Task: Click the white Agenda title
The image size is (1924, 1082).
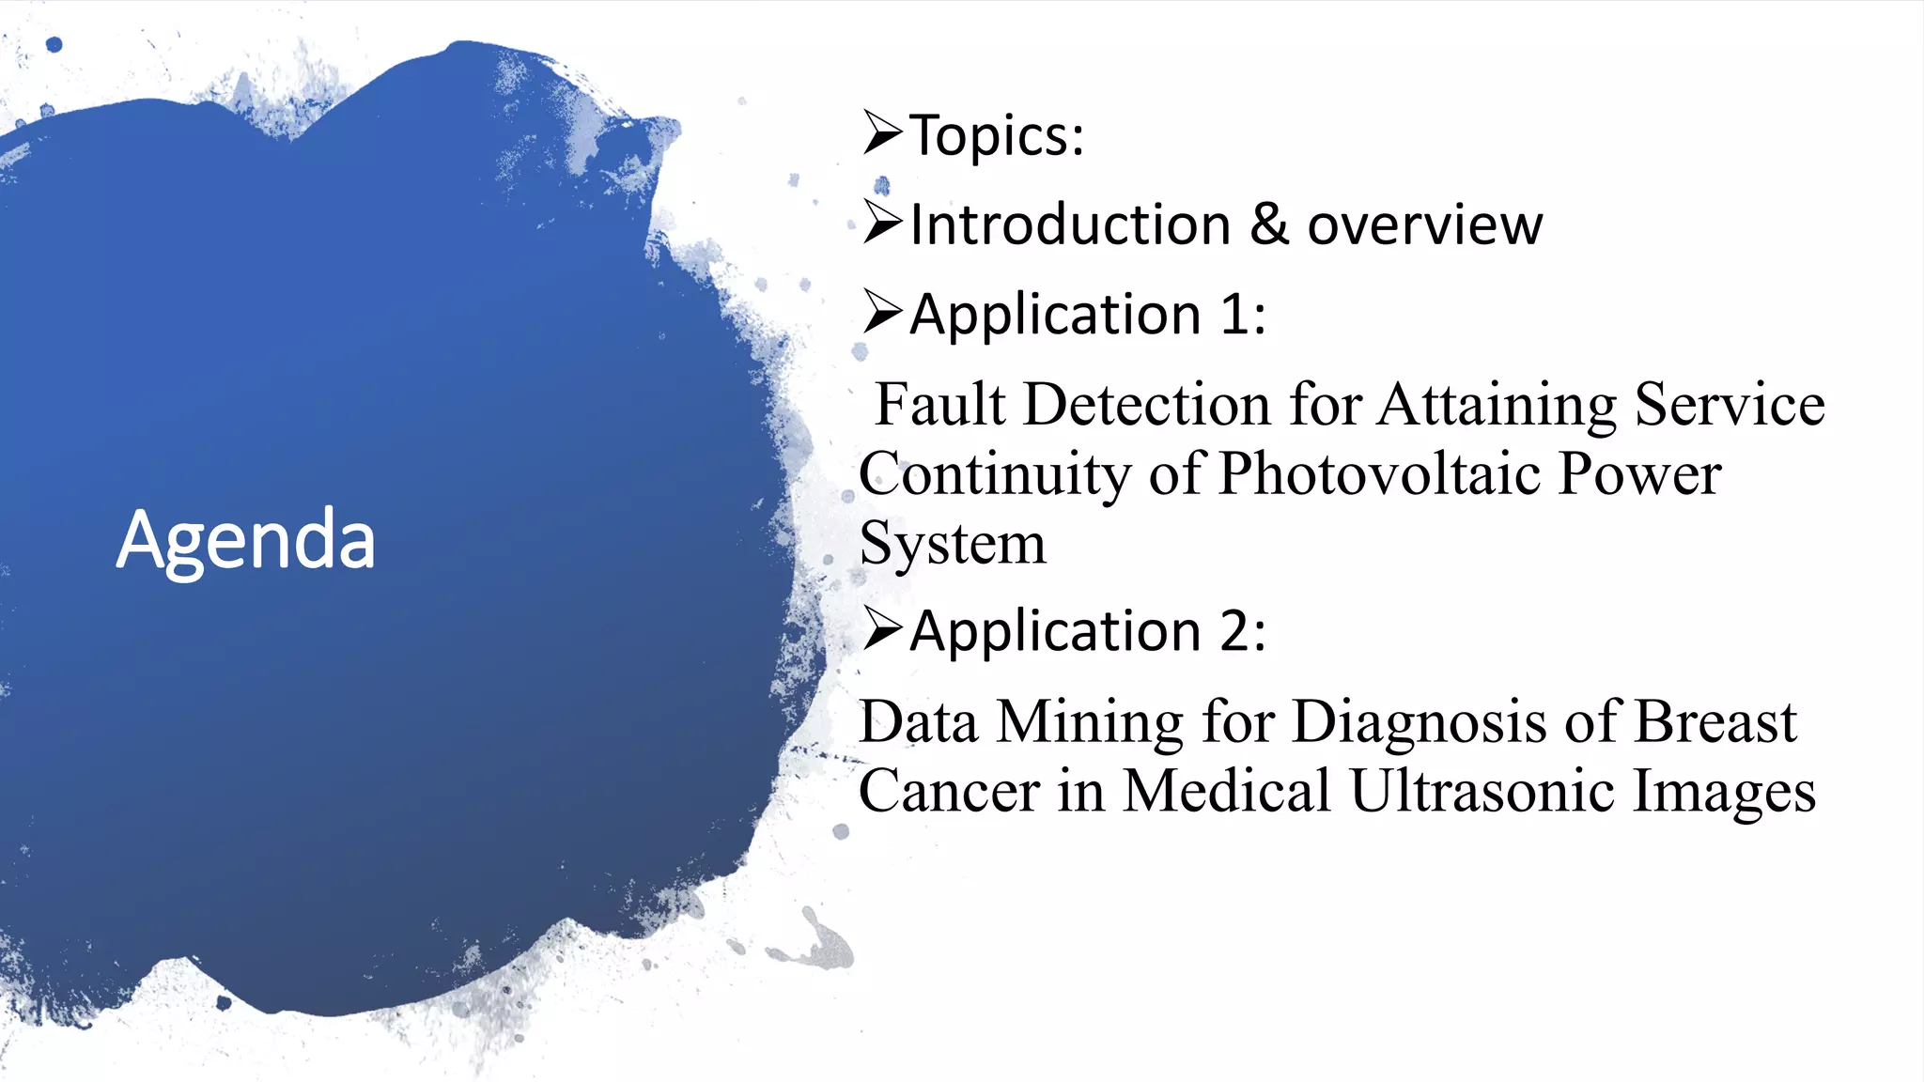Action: click(x=246, y=540)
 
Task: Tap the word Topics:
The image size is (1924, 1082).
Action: click(x=998, y=136)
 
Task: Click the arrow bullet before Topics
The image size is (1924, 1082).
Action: click(x=883, y=132)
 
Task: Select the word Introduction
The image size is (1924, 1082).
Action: click(x=1070, y=225)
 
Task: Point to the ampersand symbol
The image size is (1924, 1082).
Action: click(x=1269, y=224)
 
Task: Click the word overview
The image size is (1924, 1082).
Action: click(x=1424, y=225)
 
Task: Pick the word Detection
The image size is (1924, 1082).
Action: click(x=1146, y=405)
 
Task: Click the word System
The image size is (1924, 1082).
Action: click(x=952, y=544)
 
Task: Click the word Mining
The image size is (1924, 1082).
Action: click(x=1090, y=722)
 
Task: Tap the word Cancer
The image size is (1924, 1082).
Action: click(x=948, y=791)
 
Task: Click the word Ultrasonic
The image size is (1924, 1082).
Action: click(x=1482, y=791)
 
